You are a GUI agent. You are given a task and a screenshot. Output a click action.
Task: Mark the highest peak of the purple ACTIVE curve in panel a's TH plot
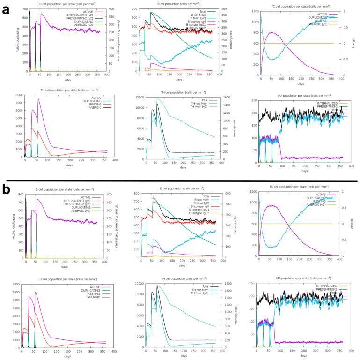[x=39, y=99]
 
